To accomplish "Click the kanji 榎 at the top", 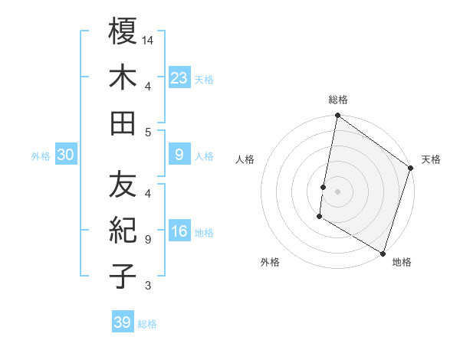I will tap(123, 31).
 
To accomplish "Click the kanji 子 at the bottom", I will tap(123, 277).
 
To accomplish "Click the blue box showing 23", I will tap(179, 78).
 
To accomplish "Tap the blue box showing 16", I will tap(179, 232).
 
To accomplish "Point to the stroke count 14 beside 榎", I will tap(149, 39).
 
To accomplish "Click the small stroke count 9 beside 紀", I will tap(148, 239).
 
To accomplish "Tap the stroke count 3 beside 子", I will tap(148, 286).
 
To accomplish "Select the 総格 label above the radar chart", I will tap(338, 100).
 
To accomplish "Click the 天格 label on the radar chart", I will tap(431, 159).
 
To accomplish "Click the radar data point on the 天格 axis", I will tap(411, 169).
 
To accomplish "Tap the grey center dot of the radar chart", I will tap(338, 189).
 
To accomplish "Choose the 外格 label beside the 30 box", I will tap(41, 156).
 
